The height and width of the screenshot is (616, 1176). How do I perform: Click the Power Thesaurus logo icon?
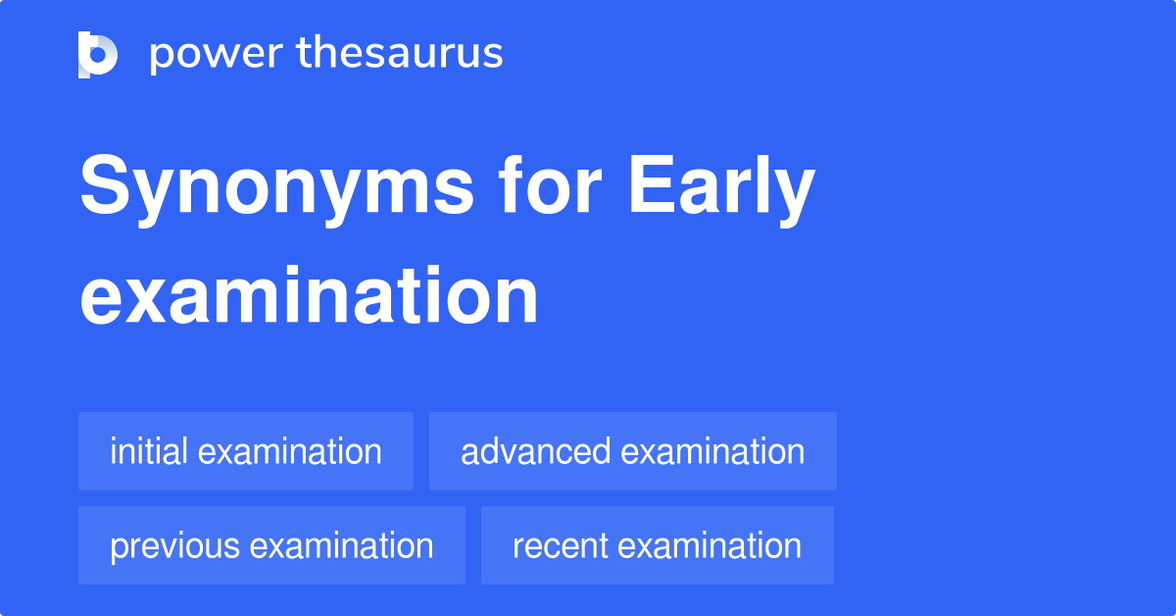tap(98, 54)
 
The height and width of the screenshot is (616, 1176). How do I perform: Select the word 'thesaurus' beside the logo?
tap(400, 54)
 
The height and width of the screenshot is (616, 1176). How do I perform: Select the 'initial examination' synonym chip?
tap(246, 451)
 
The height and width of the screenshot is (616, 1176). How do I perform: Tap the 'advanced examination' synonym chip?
tap(633, 451)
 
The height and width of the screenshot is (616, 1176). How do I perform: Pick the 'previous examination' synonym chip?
tap(271, 545)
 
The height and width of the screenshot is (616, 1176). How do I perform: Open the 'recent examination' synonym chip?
tap(658, 545)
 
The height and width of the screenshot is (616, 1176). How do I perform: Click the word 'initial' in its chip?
tap(149, 451)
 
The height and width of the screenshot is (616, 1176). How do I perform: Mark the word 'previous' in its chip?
tap(171, 546)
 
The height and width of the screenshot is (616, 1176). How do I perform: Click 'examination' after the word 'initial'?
tap(289, 451)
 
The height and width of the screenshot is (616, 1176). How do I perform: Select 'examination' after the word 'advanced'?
tap(712, 451)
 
